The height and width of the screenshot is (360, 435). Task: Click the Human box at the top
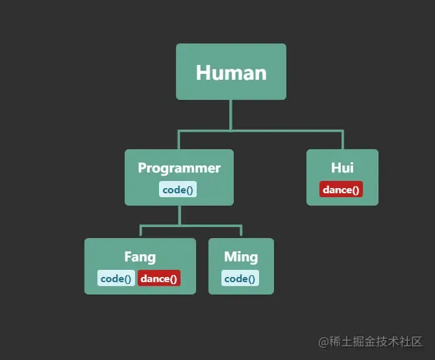230,71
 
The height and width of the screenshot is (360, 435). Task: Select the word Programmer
179,168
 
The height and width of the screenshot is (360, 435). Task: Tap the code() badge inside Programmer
179,189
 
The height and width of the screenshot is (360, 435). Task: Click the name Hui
342,168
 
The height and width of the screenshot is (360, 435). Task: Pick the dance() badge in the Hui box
341,189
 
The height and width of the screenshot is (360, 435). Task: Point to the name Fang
140,257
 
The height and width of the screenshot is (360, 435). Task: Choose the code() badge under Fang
117,278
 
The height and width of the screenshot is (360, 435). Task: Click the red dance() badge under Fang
158,278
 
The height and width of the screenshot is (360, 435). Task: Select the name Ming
241,257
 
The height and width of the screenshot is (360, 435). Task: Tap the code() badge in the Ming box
240,278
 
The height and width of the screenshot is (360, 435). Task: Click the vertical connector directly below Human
230,115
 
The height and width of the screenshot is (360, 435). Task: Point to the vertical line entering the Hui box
342,140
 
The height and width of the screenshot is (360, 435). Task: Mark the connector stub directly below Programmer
180,215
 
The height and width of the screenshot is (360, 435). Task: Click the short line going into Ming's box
241,232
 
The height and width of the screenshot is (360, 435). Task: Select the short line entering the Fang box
140,232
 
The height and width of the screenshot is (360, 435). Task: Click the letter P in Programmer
142,168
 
